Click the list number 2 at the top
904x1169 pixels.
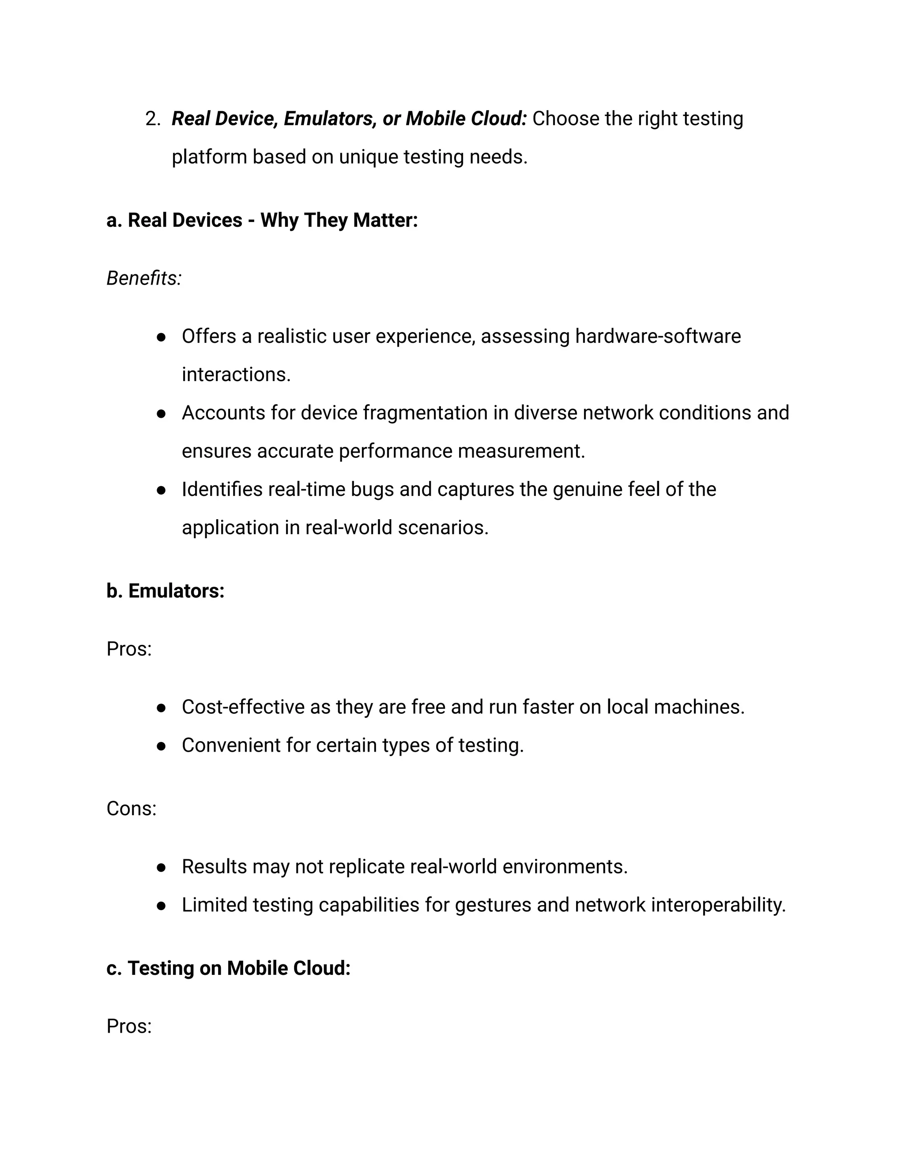(x=152, y=119)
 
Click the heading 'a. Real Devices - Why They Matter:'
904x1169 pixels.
(x=261, y=221)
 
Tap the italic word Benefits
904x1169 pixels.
(x=143, y=278)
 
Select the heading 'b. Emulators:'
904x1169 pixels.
(x=165, y=591)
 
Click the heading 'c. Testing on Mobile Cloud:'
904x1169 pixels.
(x=228, y=968)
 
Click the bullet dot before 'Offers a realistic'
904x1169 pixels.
(x=161, y=337)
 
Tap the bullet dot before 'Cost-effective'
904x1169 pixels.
(x=161, y=708)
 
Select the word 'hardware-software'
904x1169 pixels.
(x=658, y=337)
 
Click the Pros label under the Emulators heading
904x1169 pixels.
(x=128, y=649)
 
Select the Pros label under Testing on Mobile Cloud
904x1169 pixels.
(x=128, y=1027)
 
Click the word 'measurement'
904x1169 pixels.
(x=520, y=451)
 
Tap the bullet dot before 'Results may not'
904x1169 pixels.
(x=161, y=868)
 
